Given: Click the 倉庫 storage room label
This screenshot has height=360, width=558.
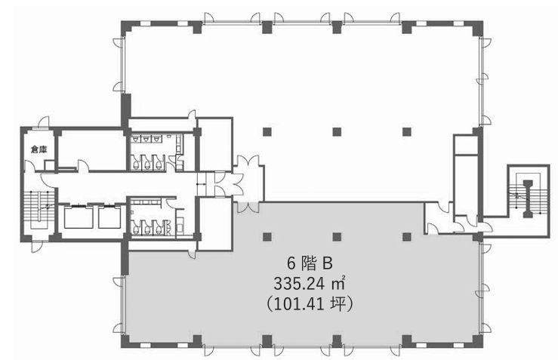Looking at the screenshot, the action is (x=39, y=149).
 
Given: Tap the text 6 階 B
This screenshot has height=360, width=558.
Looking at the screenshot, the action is (x=310, y=263).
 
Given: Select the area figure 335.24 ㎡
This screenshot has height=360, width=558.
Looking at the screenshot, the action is (x=310, y=284).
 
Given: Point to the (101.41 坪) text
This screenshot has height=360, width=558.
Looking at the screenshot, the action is (x=310, y=304).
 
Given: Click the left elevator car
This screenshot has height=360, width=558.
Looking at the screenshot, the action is (x=79, y=217).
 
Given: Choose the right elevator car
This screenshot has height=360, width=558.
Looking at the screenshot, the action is (x=109, y=217).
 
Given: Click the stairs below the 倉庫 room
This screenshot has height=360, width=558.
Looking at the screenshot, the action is (x=39, y=210).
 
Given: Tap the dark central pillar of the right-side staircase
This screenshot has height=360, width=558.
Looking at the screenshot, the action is (x=527, y=198).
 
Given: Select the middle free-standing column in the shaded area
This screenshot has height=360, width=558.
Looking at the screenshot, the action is (x=337, y=237).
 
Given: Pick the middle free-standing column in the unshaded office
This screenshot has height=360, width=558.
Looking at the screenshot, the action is (x=337, y=132).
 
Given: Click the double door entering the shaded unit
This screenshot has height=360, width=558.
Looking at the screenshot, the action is (x=248, y=208).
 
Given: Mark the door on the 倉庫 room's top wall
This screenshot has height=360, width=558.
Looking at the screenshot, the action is (x=43, y=122).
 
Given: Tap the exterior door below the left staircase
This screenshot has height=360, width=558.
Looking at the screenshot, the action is (x=37, y=247).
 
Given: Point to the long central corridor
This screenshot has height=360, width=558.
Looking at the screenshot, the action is (x=125, y=185).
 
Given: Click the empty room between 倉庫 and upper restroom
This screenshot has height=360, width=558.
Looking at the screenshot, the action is (x=91, y=149).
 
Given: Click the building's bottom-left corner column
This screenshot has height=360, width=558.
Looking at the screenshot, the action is (x=126, y=341).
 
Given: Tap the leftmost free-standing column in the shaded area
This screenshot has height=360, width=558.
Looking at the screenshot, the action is (x=267, y=237).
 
